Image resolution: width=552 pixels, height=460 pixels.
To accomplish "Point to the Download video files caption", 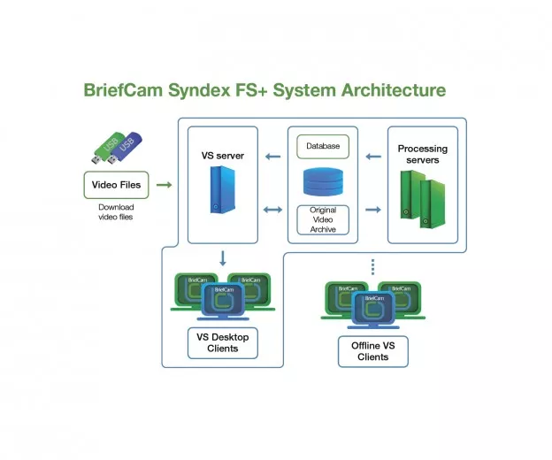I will click(116, 211).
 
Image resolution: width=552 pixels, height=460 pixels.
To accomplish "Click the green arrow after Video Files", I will click(164, 186).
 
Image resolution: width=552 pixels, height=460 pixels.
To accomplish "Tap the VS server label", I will click(222, 156).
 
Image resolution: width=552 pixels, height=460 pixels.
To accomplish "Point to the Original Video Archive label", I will click(323, 219).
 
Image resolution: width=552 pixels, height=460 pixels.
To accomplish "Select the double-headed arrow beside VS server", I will click(273, 211).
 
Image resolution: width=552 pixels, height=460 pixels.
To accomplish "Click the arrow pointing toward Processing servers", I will click(372, 211).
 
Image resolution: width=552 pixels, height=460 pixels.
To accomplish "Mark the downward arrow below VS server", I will click(223, 259).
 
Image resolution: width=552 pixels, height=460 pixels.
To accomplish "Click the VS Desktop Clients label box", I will click(222, 342).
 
